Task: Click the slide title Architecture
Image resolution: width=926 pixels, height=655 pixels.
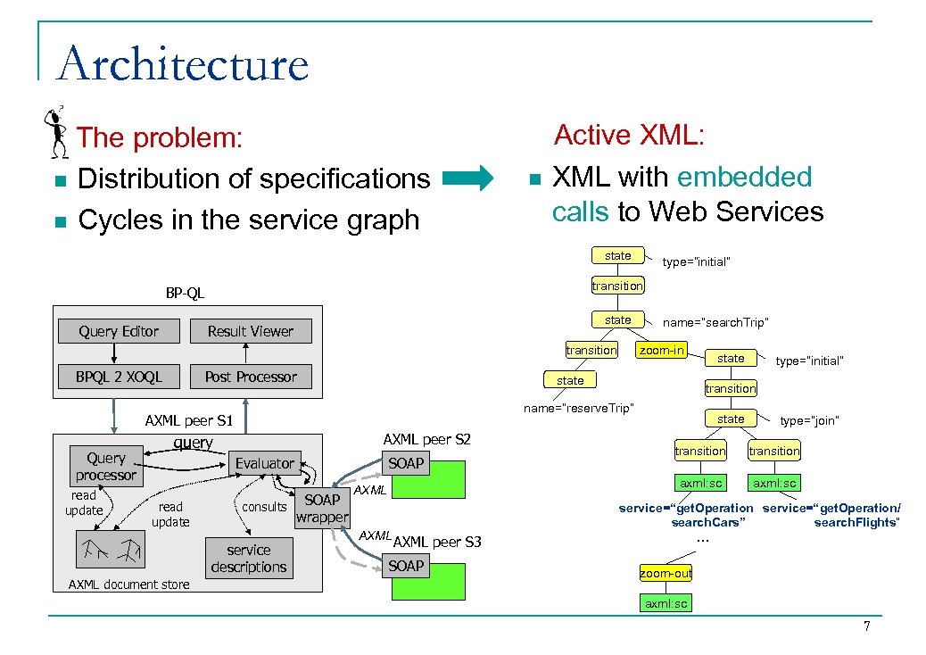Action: pyautogui.click(x=183, y=65)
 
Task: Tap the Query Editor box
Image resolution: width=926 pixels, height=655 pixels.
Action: pyautogui.click(x=119, y=331)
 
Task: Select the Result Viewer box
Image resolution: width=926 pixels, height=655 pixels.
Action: pyautogui.click(x=251, y=331)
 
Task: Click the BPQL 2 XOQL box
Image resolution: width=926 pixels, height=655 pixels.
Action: pyautogui.click(x=119, y=377)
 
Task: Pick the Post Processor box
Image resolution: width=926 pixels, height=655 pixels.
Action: pyautogui.click(x=251, y=377)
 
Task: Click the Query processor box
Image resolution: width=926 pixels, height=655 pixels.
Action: pyautogui.click(x=105, y=467)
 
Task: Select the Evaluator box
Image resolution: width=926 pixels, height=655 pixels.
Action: pyautogui.click(x=264, y=463)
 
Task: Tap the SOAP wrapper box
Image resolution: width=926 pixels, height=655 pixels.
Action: pyautogui.click(x=322, y=509)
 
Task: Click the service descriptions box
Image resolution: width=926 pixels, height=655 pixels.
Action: pyautogui.click(x=248, y=559)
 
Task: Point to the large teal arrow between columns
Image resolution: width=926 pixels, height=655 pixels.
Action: pyautogui.click(x=467, y=178)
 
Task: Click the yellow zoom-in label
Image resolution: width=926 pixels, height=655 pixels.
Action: pyautogui.click(x=661, y=350)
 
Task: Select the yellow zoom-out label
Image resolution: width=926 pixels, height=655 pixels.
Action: pyautogui.click(x=666, y=573)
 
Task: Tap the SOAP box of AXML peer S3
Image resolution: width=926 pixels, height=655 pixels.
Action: pyautogui.click(x=406, y=566)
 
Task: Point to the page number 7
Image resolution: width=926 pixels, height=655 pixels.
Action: pyautogui.click(x=866, y=627)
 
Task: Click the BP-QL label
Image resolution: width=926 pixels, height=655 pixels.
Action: pyautogui.click(x=185, y=293)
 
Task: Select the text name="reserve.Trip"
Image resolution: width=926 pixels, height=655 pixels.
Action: pyautogui.click(x=579, y=408)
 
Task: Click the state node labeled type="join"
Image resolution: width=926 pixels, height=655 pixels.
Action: pyautogui.click(x=731, y=419)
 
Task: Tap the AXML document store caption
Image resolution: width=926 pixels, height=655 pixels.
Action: pyautogui.click(x=129, y=585)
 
